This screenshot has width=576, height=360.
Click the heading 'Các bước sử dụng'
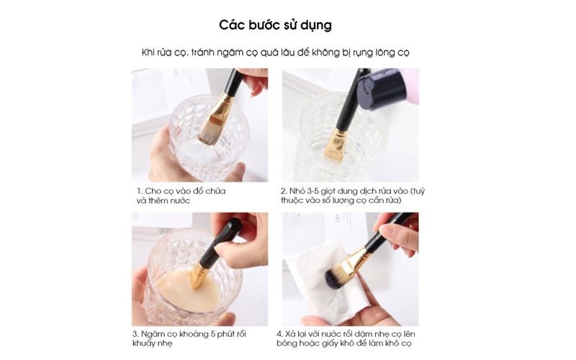pos(276,25)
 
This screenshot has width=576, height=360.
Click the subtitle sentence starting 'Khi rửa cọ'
pos(276,53)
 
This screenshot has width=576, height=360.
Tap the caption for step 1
pos(181,196)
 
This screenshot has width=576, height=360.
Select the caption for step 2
pos(353,196)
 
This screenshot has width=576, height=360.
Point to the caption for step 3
pos(189,338)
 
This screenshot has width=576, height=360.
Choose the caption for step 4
pos(346,338)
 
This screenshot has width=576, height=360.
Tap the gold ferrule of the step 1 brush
pos(222,109)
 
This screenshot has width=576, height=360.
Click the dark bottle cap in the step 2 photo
pos(382,89)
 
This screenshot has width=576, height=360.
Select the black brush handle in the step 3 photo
pos(220,243)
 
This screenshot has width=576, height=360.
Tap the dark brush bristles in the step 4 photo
pos(337,276)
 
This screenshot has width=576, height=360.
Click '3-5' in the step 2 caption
pos(312,192)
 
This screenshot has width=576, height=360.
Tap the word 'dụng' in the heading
pos(316,26)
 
